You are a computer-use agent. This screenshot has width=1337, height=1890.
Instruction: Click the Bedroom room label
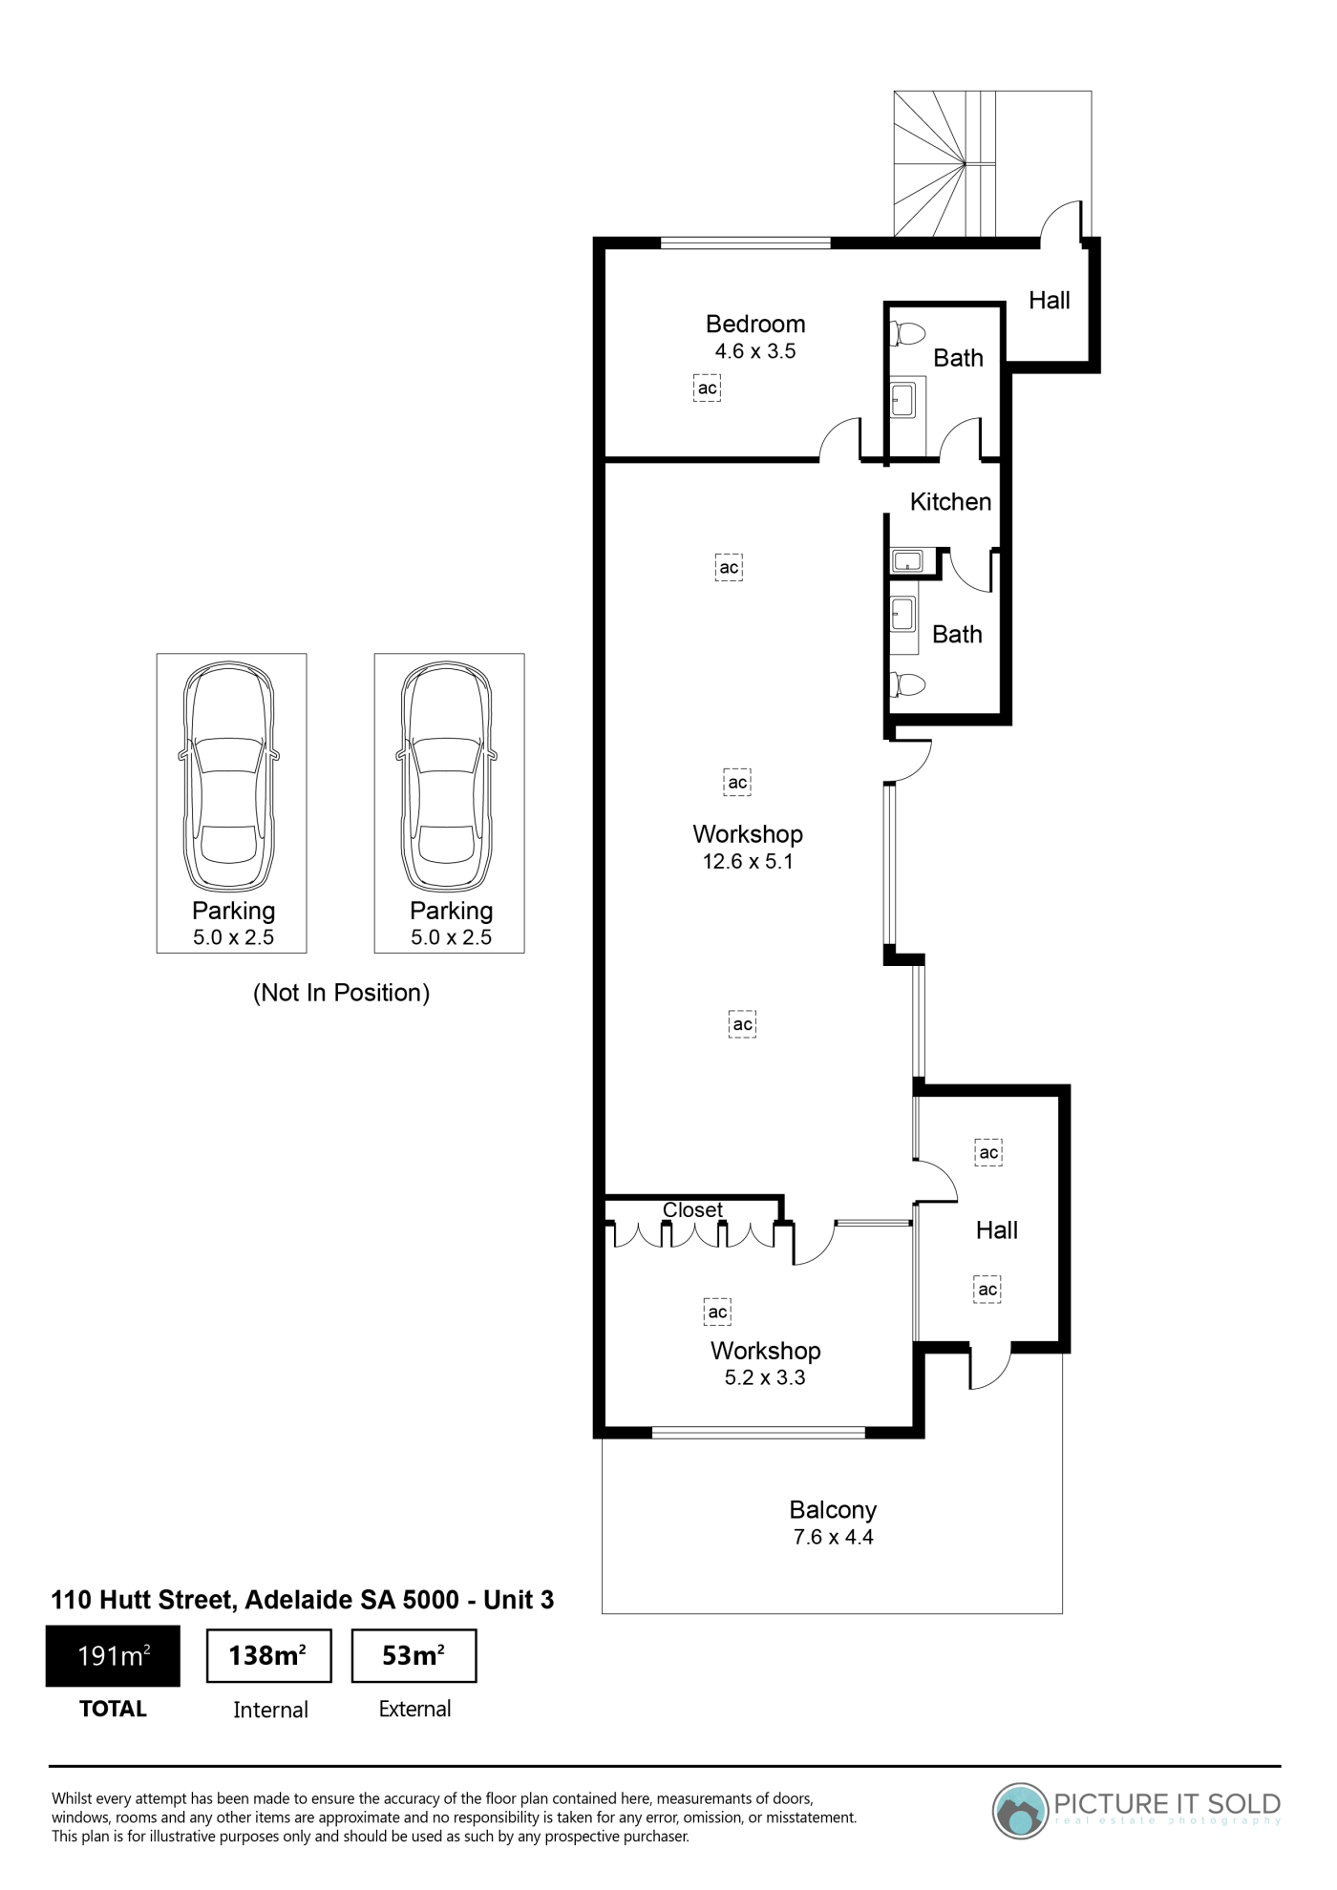coord(755,324)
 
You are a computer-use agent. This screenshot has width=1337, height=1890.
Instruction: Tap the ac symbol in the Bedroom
coord(707,388)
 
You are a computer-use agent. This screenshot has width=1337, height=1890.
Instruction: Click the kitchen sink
coord(906,560)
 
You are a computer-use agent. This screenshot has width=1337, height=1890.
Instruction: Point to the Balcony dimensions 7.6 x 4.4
coord(833,1537)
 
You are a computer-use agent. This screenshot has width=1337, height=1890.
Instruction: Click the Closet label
coord(692,1209)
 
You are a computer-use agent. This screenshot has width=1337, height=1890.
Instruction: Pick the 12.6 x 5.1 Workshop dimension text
coord(748,861)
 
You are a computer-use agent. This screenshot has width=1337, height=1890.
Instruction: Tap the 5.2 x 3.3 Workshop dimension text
coord(765,1377)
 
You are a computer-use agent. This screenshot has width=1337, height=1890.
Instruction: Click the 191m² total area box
coord(113,1656)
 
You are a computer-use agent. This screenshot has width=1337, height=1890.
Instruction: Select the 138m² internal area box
coord(269,1656)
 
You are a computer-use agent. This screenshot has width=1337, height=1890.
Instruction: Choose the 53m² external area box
coord(414,1656)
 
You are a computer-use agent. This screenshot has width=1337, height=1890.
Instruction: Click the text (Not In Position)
coord(341,993)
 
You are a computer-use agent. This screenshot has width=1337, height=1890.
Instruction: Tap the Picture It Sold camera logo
coord(1021,1811)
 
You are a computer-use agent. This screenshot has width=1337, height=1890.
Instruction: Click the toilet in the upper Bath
coord(908,334)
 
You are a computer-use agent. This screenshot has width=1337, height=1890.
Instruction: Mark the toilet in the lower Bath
coord(908,684)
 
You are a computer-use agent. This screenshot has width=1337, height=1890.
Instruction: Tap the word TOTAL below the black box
coord(113,1709)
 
